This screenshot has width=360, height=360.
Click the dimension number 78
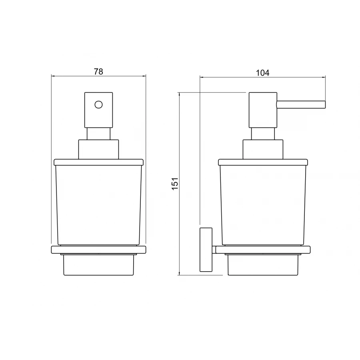(x=98, y=72)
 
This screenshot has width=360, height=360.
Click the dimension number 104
(x=262, y=73)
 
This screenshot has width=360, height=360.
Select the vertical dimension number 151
(x=175, y=184)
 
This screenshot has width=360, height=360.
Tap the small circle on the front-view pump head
(x=98, y=105)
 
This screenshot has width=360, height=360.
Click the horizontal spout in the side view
(x=301, y=104)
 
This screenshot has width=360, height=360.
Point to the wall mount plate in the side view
(x=206, y=250)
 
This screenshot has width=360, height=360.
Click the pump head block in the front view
(x=98, y=110)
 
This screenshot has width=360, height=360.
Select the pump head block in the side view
(x=263, y=110)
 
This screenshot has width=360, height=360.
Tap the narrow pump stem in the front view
(x=98, y=134)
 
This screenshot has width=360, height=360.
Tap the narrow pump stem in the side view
(x=263, y=134)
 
